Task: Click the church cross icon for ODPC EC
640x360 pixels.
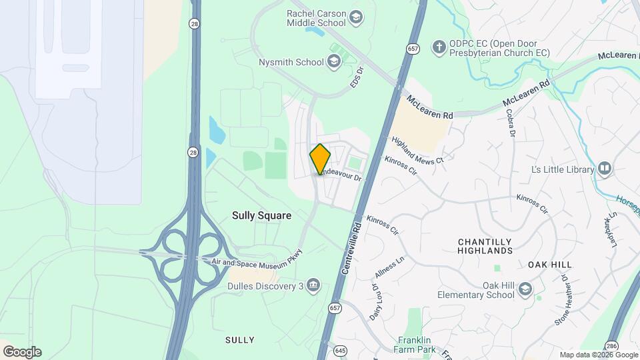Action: coord(439,47)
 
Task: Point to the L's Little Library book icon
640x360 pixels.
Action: coord(605,169)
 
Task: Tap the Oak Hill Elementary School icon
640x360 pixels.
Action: coord(525,289)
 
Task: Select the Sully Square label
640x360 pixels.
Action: coord(261,216)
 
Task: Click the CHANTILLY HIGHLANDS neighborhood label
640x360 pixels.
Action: coord(485,246)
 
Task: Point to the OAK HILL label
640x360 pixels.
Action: coord(551,265)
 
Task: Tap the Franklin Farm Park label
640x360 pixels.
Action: coord(417,345)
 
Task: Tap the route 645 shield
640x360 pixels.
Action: coord(341,350)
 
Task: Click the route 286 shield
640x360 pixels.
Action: coord(611,345)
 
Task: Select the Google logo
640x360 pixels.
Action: coord(22,352)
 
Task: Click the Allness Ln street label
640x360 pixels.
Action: coord(390,269)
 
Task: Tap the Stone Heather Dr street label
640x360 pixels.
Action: coord(562,301)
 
